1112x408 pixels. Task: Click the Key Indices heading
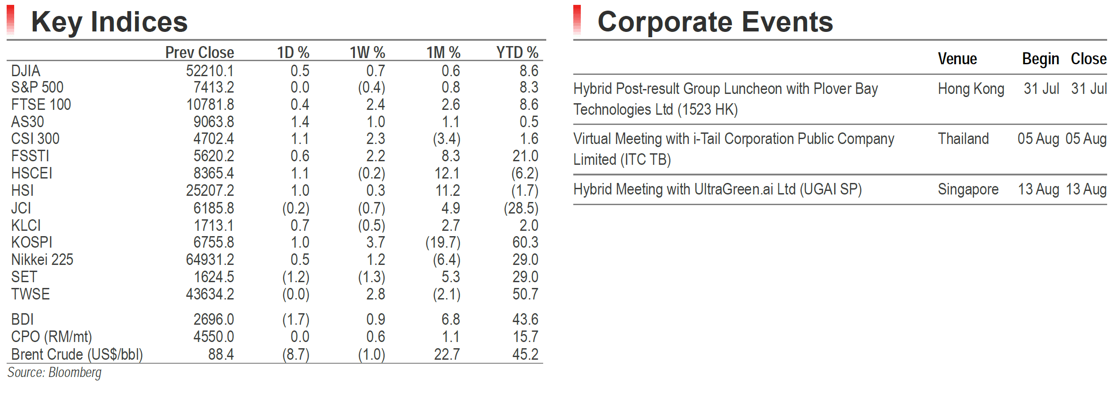coord(109,22)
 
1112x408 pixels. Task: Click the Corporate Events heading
coord(715,22)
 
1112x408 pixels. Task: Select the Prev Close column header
coord(200,53)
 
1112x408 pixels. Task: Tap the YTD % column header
coord(517,53)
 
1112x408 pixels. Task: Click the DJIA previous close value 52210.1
coord(210,71)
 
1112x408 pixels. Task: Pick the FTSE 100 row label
coord(41,105)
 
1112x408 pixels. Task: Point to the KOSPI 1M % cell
coord(443,243)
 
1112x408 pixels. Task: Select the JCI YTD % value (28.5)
coord(521,208)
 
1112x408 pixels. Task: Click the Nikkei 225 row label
coord(42,260)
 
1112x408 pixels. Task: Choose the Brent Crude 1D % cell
coord(296,354)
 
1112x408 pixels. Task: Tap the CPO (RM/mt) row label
coord(52,337)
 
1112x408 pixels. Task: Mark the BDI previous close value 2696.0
coord(214,319)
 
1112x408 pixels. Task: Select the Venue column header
coord(957,59)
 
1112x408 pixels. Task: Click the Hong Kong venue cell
coord(971,89)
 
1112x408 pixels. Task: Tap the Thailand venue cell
coord(963,139)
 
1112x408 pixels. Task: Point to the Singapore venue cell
coord(968,190)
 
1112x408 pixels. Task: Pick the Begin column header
coord(1041,59)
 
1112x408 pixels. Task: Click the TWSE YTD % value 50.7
coord(525,294)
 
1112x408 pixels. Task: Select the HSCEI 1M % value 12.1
coord(447,173)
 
